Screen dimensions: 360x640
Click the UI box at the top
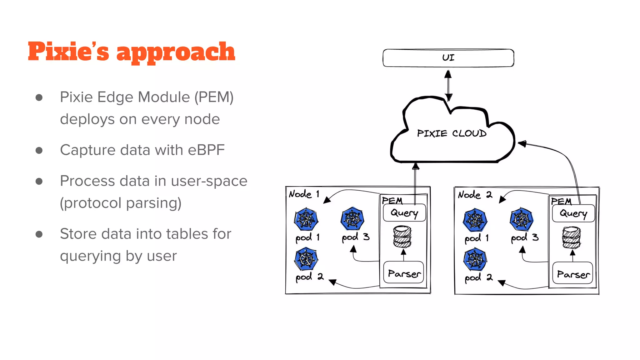[448, 58]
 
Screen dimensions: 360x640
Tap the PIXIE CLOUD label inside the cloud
[452, 133]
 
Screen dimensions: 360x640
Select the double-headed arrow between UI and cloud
[448, 85]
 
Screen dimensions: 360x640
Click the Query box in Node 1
[404, 213]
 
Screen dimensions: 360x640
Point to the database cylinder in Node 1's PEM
[402, 237]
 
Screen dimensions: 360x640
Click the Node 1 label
[304, 194]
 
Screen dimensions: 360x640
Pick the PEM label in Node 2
[561, 201]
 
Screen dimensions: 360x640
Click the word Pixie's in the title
[68, 52]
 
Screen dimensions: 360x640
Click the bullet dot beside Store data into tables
[39, 234]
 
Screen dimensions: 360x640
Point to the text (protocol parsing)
[121, 203]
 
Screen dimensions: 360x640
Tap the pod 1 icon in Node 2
[475, 219]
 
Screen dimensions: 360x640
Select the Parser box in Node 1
[403, 273]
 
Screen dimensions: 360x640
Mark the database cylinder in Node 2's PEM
[572, 237]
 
